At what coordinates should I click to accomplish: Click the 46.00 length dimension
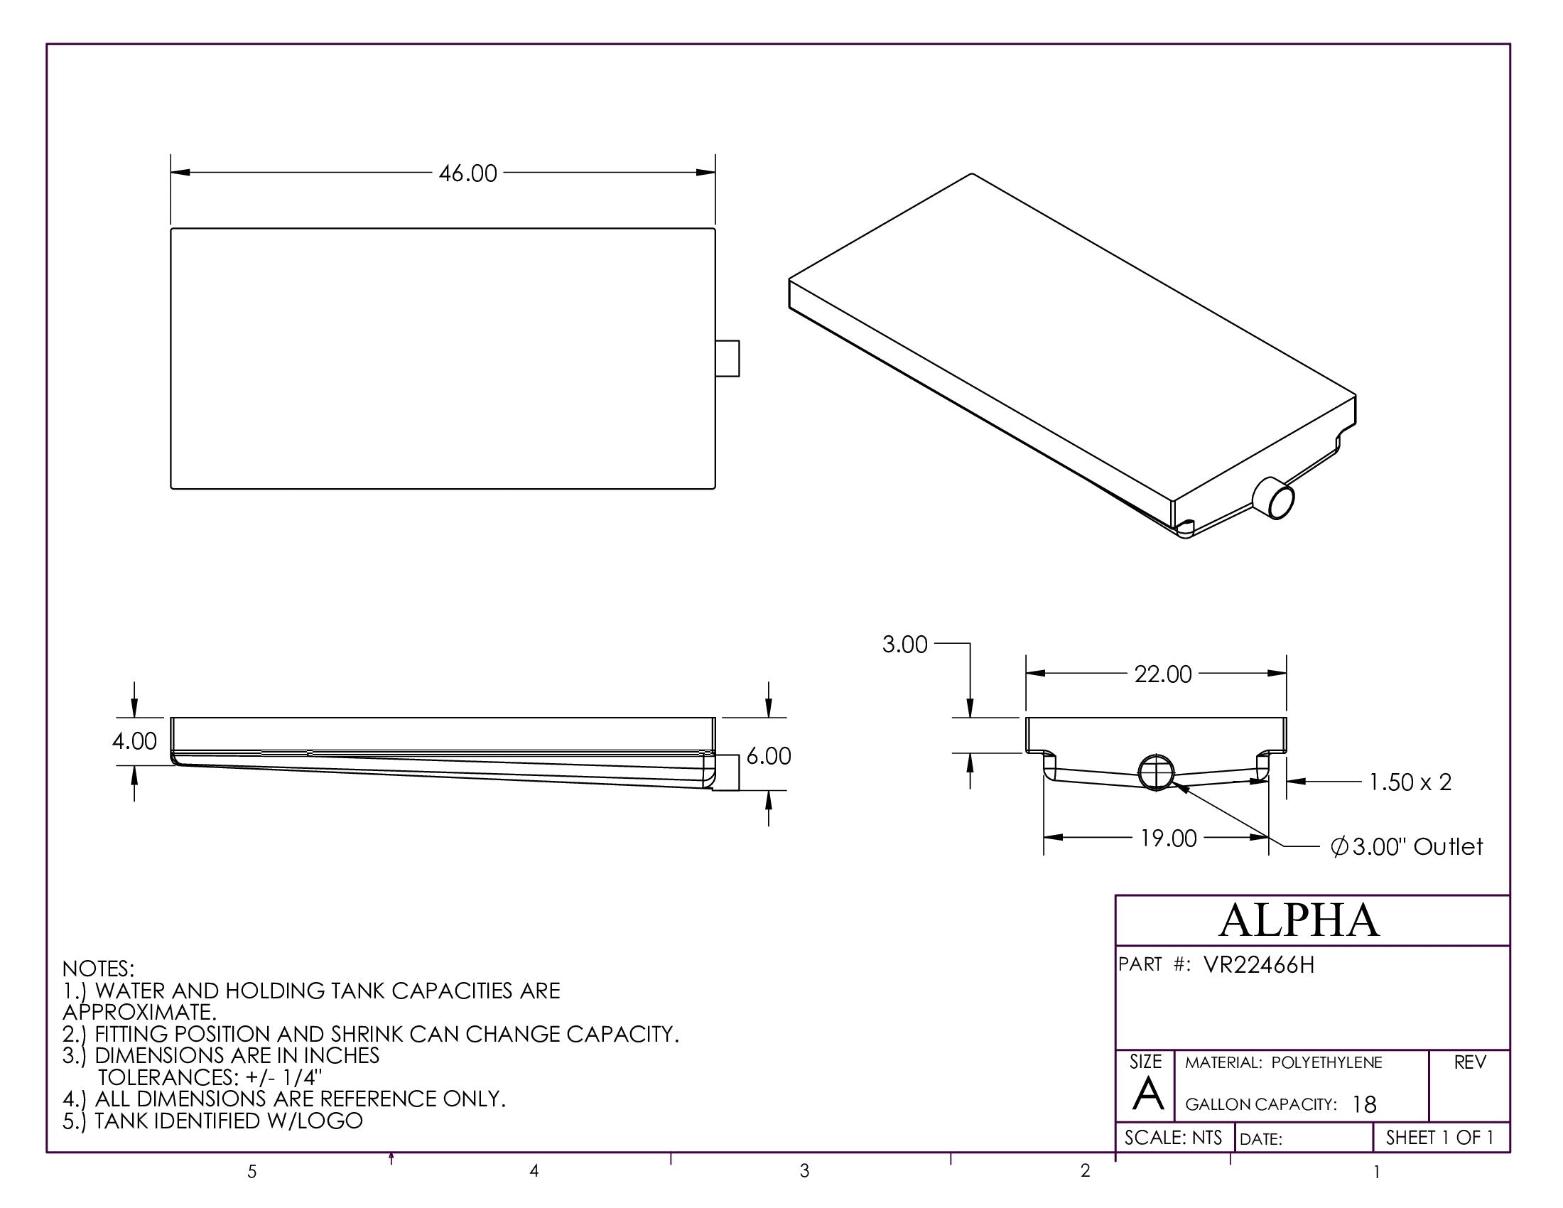[467, 174]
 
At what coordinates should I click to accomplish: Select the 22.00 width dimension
[1162, 674]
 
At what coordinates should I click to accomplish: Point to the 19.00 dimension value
[1168, 838]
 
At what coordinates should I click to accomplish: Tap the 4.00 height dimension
[134, 741]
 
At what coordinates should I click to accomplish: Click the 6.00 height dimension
[769, 757]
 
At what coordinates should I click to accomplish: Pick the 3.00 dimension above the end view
[904, 645]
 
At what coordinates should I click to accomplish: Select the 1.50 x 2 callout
[1410, 782]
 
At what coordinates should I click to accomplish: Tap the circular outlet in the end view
[1156, 772]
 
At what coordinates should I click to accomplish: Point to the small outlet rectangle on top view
[727, 359]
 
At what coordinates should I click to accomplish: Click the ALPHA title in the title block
[1299, 920]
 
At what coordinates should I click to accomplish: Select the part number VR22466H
[1259, 966]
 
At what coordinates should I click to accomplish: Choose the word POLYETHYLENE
[1327, 1063]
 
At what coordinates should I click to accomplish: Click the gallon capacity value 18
[1364, 1105]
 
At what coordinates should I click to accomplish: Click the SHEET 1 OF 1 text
[1439, 1138]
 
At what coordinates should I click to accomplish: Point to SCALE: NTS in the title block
[1173, 1138]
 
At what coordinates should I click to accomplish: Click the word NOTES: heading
[98, 969]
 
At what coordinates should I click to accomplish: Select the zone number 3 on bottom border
[804, 1171]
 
